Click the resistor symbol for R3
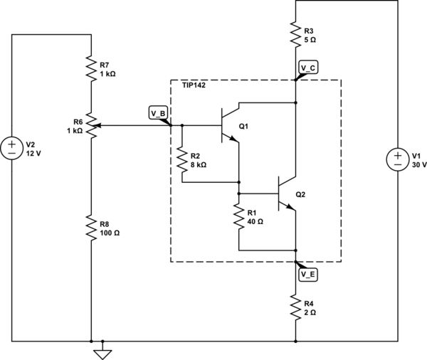pos(296,34)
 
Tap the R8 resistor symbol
pos(91,227)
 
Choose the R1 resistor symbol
pos(238,216)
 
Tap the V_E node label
pos(307,274)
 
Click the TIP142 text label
pos(194,85)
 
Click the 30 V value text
pos(419,164)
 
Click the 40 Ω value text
pos(255,221)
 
